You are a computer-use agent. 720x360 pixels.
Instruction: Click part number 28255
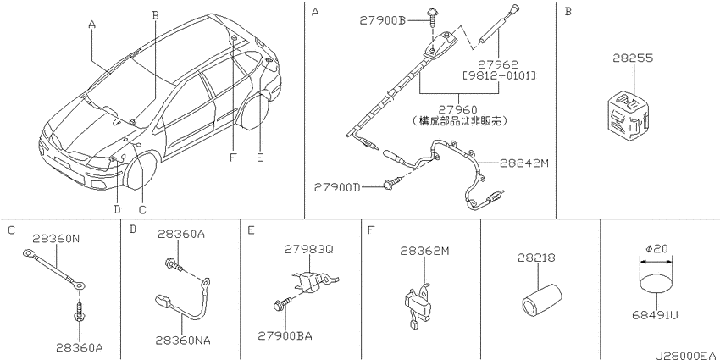(633, 58)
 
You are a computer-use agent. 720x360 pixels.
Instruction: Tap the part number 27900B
(383, 20)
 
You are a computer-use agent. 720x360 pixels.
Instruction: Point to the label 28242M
(524, 163)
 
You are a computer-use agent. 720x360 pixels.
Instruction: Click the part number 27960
(457, 109)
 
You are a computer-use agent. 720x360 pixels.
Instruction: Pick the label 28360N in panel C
(57, 238)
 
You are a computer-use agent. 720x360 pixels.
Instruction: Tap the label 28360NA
(182, 340)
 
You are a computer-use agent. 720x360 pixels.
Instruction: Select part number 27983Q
(308, 249)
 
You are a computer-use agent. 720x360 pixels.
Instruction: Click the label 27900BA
(285, 336)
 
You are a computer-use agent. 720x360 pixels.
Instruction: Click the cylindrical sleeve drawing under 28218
(541, 301)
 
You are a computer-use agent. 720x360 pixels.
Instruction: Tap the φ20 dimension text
(656, 249)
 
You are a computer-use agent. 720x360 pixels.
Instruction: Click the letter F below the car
(233, 158)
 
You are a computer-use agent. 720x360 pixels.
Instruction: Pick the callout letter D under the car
(117, 209)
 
